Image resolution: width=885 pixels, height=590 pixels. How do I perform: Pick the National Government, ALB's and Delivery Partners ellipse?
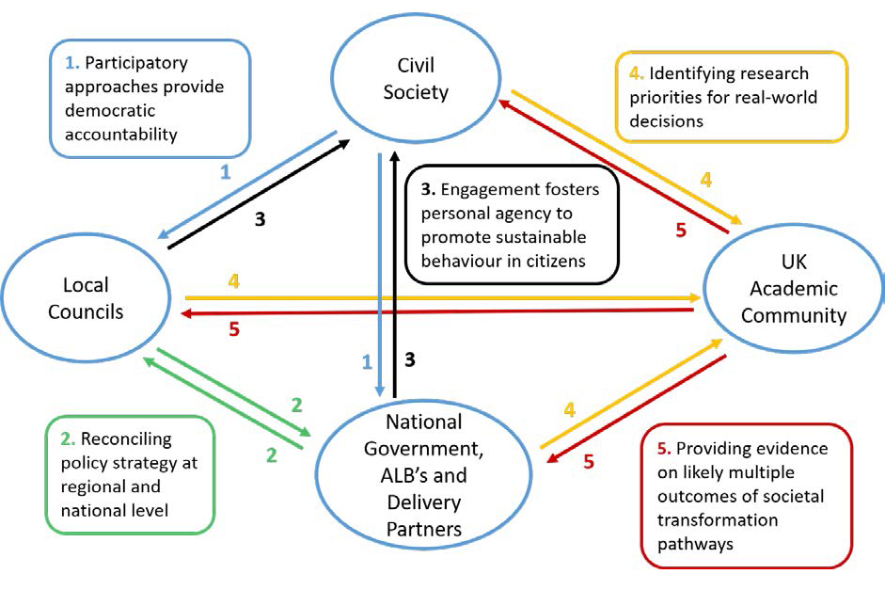pyautogui.click(x=424, y=475)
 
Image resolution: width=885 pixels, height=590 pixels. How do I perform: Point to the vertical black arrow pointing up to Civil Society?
pyautogui.click(x=396, y=273)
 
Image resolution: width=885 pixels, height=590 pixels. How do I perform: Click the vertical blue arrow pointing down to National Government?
pyautogui.click(x=379, y=273)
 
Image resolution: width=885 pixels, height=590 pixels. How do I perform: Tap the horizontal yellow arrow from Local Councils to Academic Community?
pyautogui.click(x=437, y=297)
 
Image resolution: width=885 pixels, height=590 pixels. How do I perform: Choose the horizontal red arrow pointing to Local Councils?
pyautogui.click(x=437, y=311)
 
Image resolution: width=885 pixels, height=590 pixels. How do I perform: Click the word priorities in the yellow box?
pyautogui.click(x=670, y=97)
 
